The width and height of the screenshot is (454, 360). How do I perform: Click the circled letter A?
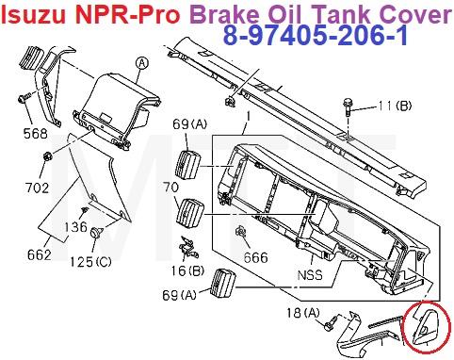click(142, 63)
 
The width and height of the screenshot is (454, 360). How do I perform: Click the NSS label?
click(310, 275)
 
